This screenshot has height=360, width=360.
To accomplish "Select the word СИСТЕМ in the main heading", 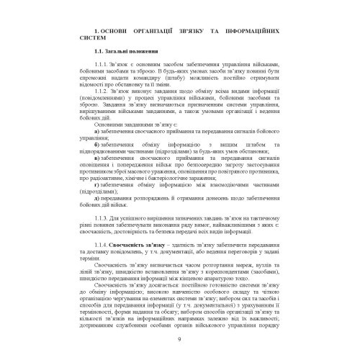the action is [x=99, y=41].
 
